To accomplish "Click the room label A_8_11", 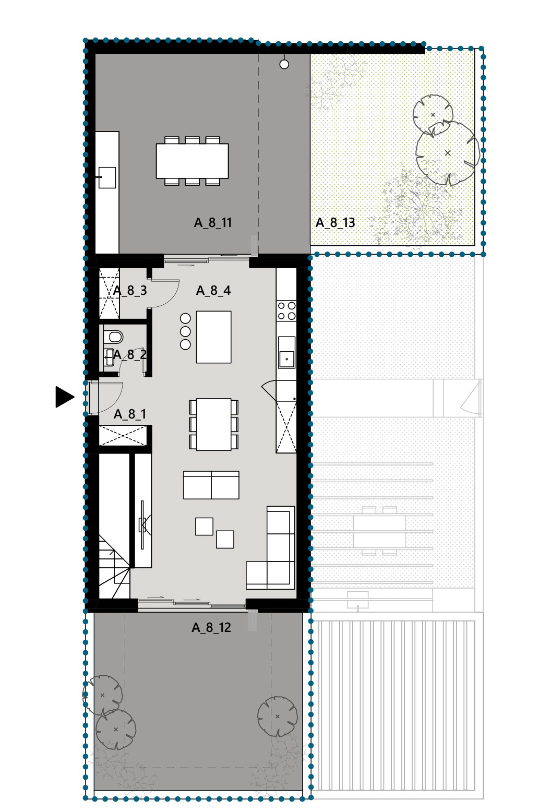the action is [213, 223].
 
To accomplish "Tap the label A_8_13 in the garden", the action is [336, 223].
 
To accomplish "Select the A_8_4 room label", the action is [213, 290].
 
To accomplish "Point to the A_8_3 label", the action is [130, 290].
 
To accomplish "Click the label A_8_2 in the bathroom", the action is [130, 354].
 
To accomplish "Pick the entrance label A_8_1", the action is [130, 414].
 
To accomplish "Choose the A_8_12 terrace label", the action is [211, 627].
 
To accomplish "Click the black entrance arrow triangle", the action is [64, 397].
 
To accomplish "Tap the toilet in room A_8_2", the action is [113, 337].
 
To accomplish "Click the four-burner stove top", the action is [286, 311].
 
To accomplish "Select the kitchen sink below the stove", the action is [286, 352].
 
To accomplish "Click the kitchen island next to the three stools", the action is [214, 337].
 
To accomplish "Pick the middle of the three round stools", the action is [185, 331].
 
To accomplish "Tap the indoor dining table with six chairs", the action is [214, 424].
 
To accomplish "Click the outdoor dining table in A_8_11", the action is [192, 161].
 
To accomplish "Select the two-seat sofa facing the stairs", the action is [211, 485].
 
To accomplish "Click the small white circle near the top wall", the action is [284, 65].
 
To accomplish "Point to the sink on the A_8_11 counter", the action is [107, 177].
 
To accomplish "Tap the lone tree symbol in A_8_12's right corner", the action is [277, 716].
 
